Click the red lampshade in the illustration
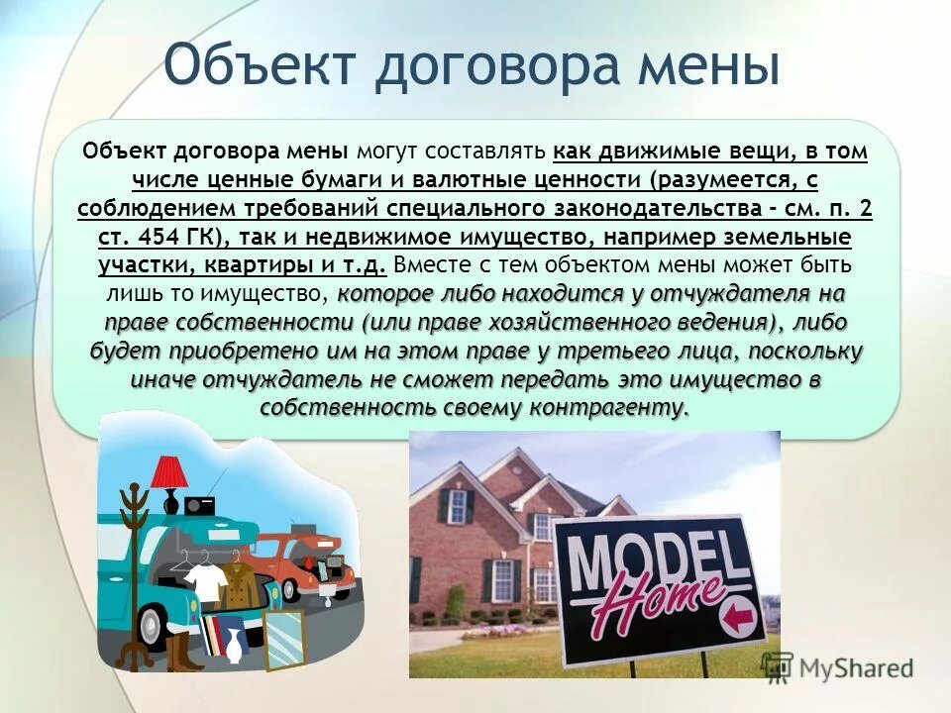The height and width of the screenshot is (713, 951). pyautogui.click(x=170, y=469)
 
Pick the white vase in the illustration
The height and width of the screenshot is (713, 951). pyautogui.click(x=233, y=647)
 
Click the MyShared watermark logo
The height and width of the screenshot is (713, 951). pyautogui.click(x=841, y=666)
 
